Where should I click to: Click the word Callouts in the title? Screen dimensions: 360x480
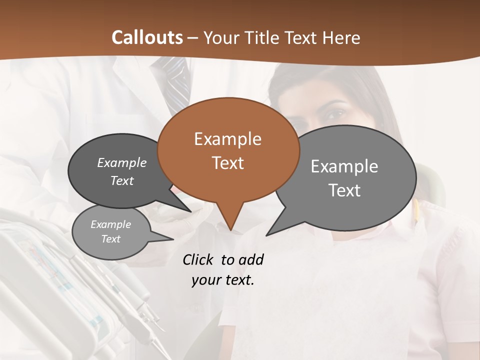pos(147,37)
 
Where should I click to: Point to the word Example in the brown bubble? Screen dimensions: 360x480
pos(227,139)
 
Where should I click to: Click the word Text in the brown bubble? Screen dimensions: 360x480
pos(228,163)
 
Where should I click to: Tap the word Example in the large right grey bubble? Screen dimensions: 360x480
pos(344,166)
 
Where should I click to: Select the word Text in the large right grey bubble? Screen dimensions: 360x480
pos(344,190)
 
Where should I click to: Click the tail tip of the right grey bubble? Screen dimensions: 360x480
pos(268,234)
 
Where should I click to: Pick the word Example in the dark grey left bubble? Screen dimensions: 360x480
pos(122,162)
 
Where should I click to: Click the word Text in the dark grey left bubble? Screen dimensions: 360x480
pos(122,180)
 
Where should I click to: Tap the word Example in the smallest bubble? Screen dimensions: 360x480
pos(110,224)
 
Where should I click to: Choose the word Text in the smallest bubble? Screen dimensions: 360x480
pos(110,239)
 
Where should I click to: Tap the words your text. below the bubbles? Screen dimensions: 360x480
pos(223,280)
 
